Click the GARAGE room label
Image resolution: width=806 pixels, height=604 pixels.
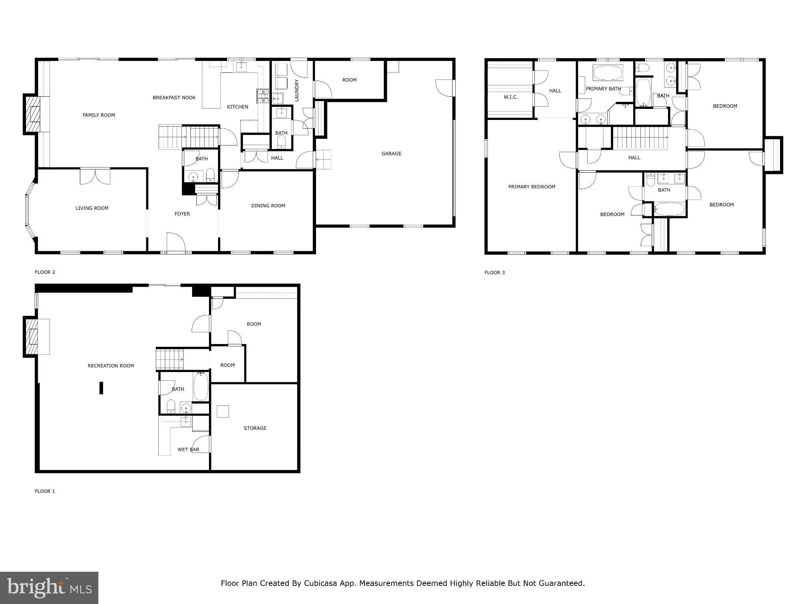coord(391,154)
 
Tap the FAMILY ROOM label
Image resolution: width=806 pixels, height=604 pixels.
coord(99,115)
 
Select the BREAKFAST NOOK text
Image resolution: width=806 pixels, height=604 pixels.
coord(174,98)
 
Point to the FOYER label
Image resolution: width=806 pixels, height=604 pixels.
coord(182,214)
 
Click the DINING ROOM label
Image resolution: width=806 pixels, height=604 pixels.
coord(268,206)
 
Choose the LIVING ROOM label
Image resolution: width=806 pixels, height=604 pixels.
coord(92,208)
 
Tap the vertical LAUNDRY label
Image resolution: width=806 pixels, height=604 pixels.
coord(297,90)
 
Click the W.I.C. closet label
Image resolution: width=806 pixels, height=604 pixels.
coord(510,97)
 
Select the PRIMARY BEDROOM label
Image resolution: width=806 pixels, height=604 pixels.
coord(531,187)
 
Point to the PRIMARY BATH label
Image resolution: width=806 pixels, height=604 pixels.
coord(603,89)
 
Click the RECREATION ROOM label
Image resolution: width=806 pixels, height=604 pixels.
coord(111,366)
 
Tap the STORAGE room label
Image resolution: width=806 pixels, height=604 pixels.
coord(255,428)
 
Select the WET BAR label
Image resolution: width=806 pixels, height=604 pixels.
coord(188,449)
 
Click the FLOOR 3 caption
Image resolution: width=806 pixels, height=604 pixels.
coord(494,273)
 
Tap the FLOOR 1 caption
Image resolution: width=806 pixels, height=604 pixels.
coord(45,491)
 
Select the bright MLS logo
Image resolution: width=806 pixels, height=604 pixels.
coord(49,587)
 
